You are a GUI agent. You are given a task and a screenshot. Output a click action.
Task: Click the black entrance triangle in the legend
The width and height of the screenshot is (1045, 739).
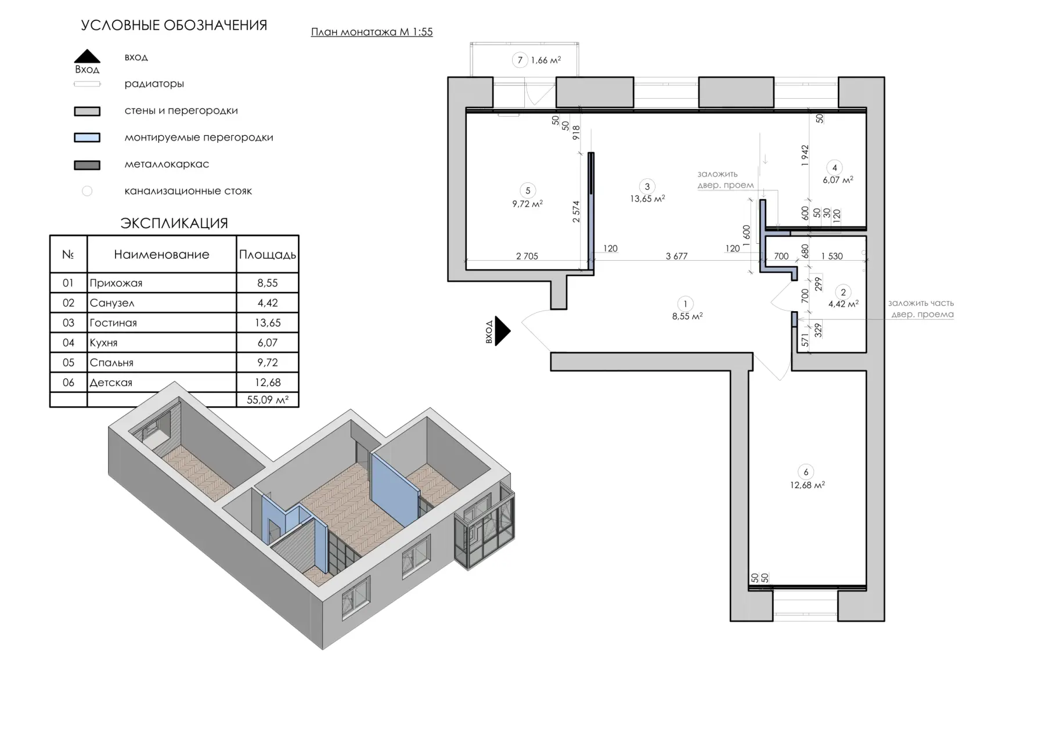click(87, 56)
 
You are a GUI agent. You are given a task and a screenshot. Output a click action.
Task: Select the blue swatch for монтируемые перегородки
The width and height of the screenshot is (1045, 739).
click(87, 138)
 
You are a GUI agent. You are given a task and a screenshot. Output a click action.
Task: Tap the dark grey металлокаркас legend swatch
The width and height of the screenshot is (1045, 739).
click(87, 165)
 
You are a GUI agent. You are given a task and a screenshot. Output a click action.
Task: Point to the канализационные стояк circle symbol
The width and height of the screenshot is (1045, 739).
click(87, 191)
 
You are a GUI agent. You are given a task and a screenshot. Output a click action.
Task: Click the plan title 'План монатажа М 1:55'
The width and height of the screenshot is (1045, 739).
click(372, 32)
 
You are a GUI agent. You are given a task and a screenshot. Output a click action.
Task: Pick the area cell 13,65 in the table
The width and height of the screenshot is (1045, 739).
click(268, 323)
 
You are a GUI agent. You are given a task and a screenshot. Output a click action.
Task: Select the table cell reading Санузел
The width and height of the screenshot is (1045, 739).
click(161, 303)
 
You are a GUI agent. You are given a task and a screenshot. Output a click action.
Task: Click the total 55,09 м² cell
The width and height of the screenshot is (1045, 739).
click(268, 399)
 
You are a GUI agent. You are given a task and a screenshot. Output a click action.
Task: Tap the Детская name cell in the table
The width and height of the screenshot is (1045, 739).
click(161, 383)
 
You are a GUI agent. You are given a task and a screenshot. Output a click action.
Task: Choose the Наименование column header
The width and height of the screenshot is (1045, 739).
click(161, 254)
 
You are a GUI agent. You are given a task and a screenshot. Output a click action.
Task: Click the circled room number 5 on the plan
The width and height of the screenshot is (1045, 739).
click(528, 190)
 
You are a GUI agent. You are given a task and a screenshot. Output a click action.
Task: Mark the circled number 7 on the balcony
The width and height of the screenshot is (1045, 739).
click(520, 60)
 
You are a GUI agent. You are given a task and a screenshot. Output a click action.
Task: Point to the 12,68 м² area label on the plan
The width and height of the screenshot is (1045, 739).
click(807, 485)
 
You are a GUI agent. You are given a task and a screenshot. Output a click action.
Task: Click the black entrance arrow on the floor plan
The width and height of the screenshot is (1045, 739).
click(502, 331)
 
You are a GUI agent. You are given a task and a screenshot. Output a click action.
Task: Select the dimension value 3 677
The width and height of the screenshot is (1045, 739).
click(676, 256)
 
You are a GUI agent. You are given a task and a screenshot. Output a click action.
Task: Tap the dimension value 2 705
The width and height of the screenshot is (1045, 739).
click(527, 256)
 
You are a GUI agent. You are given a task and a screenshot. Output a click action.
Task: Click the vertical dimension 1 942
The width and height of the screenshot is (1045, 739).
click(805, 156)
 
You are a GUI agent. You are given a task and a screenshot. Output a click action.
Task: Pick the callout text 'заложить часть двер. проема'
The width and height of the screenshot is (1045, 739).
click(921, 309)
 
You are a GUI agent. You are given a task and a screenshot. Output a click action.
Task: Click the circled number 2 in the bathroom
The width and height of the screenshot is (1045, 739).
click(843, 292)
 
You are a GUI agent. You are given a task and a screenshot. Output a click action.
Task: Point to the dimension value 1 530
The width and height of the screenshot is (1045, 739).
click(832, 256)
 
